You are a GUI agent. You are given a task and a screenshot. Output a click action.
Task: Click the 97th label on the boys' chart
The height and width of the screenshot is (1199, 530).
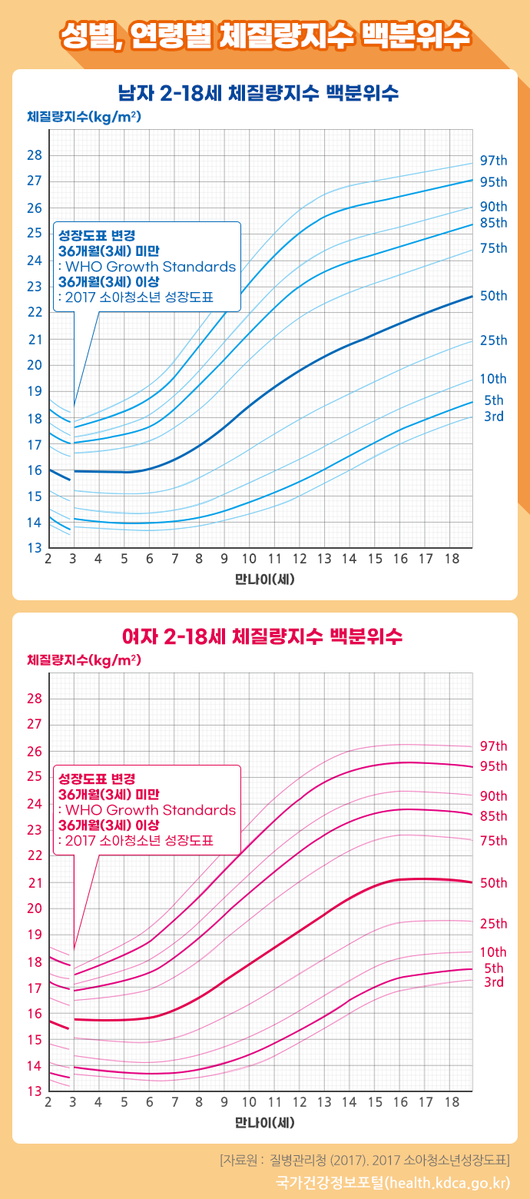click(x=494, y=161)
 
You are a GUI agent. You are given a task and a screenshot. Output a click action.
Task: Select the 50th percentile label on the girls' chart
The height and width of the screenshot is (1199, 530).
click(x=494, y=883)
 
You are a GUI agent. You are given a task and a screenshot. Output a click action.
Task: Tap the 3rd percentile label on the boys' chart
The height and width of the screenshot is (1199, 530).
click(x=494, y=417)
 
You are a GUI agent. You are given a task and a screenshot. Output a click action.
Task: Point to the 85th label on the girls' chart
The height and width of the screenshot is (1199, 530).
click(x=494, y=816)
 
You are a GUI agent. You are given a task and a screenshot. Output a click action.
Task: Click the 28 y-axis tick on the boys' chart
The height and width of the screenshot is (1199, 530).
click(x=35, y=155)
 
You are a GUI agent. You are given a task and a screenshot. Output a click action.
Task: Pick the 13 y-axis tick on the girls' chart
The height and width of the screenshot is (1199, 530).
click(x=35, y=1091)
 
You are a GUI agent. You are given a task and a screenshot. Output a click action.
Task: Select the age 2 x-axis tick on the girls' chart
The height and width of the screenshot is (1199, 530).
click(x=48, y=1102)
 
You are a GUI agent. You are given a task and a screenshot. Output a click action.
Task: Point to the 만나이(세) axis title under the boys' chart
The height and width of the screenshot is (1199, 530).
click(x=265, y=579)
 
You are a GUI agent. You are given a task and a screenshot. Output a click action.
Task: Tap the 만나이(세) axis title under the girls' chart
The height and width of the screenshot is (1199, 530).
click(x=265, y=1122)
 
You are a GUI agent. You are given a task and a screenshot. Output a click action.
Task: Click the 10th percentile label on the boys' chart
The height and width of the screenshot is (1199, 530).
click(x=494, y=379)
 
